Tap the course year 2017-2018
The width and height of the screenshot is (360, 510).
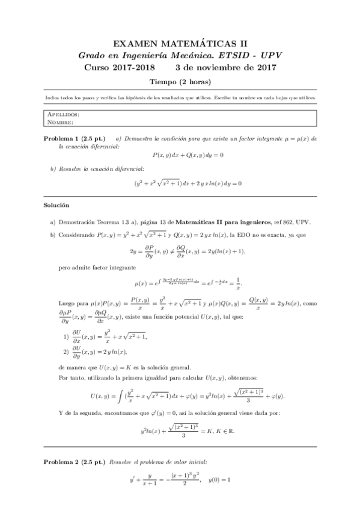pos(132,67)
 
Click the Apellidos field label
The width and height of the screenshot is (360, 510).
pos(62,114)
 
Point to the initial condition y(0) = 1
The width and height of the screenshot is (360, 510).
pos(219,480)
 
